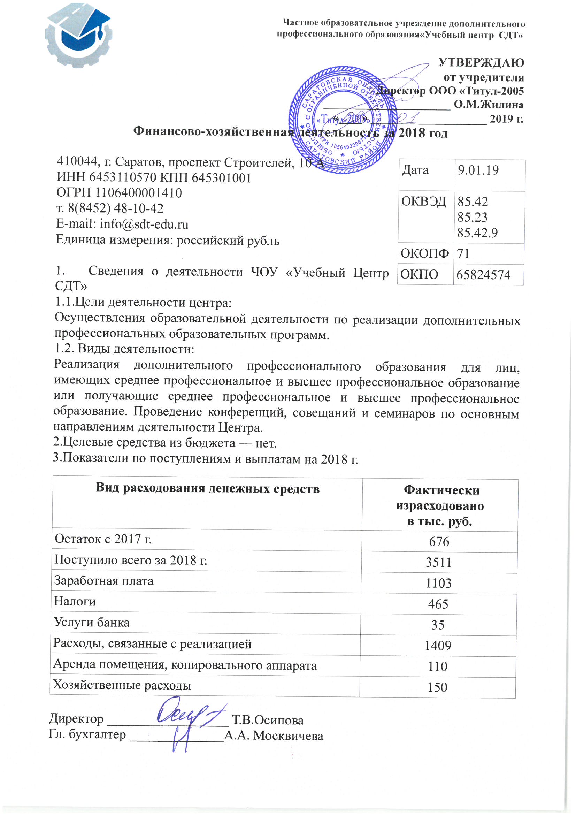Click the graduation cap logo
click(78, 36)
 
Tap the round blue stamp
click(343, 120)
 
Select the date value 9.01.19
click(478, 170)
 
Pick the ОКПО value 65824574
click(483, 275)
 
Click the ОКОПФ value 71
click(463, 254)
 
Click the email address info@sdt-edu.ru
click(144, 224)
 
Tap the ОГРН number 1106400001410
click(138, 193)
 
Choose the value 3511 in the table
click(439, 563)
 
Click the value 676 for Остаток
click(439, 542)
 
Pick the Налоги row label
click(75, 601)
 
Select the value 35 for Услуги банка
click(438, 625)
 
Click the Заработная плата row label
click(103, 581)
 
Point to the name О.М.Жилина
click(488, 105)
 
